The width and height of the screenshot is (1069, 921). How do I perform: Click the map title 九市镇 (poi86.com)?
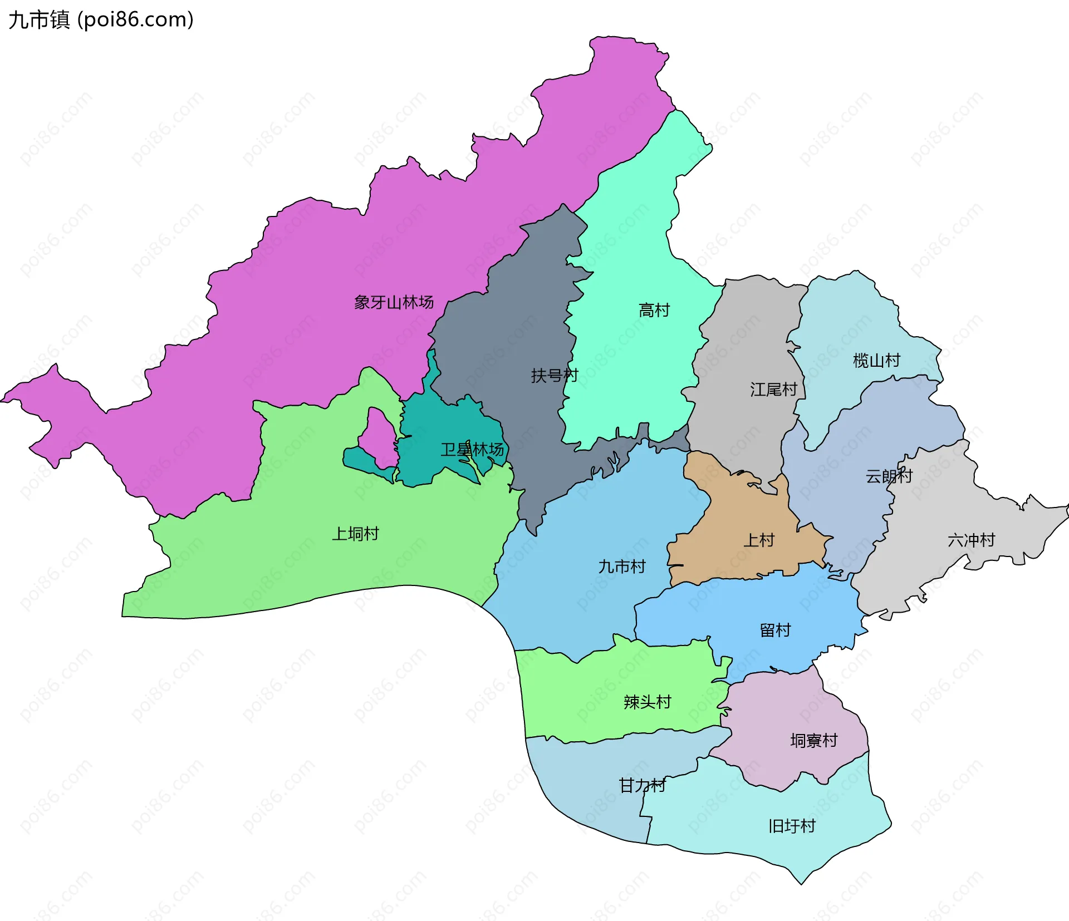(x=101, y=19)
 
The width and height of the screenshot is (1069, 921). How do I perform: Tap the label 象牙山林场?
(x=394, y=302)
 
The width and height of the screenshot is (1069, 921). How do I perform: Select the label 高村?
(x=654, y=310)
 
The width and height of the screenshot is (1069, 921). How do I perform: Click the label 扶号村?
(x=554, y=376)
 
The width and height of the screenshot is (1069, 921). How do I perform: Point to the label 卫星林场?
(x=472, y=449)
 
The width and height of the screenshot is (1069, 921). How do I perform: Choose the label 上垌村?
(x=355, y=534)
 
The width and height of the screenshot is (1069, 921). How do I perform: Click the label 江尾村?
(x=773, y=390)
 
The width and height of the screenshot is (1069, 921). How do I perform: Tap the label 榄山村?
(x=876, y=361)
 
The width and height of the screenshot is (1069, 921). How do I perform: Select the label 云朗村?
(x=889, y=476)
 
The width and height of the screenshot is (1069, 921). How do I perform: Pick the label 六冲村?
(x=971, y=540)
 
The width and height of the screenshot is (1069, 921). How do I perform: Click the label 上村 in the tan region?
(x=759, y=540)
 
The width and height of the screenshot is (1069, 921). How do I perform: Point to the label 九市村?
(x=621, y=567)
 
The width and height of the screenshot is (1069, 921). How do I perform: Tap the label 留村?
(x=775, y=630)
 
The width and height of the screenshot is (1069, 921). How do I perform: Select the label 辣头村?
(x=647, y=702)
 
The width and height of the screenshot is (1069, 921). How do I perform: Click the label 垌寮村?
(x=813, y=740)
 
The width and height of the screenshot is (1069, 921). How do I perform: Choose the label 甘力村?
(x=642, y=785)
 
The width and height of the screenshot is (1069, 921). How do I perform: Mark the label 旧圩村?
(x=791, y=826)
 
